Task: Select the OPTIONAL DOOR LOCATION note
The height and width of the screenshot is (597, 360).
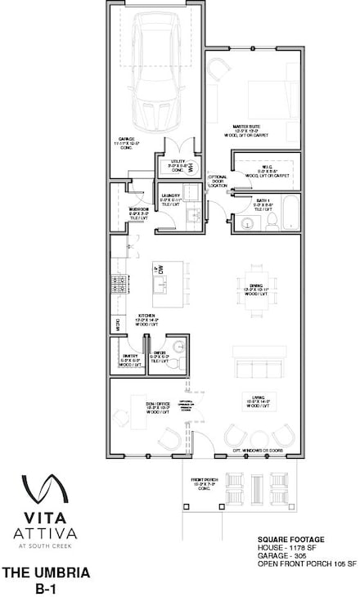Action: pos(218,182)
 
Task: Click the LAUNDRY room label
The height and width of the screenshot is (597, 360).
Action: pos(171,198)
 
